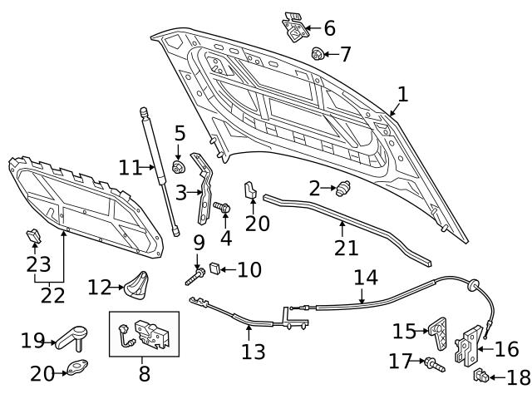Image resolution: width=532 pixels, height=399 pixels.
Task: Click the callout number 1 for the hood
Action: coord(402,95)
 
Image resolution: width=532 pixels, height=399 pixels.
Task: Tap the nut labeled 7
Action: coord(318,55)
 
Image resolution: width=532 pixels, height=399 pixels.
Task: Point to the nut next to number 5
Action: coord(177,166)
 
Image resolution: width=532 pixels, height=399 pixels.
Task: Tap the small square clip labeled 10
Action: coord(213,268)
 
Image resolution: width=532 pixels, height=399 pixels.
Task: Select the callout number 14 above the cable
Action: coord(366,276)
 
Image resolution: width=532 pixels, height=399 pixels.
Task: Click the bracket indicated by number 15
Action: coord(437,332)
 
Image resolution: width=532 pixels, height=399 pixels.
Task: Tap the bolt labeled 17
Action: coord(432,362)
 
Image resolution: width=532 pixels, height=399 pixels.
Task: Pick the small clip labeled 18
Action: coord(480,377)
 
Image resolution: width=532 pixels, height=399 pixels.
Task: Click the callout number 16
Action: coord(506,349)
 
